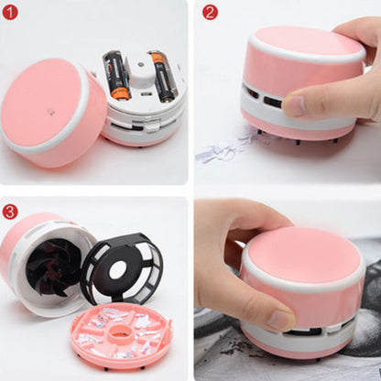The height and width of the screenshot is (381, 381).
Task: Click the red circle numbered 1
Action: [10, 13]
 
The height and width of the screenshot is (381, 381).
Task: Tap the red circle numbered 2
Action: [211, 13]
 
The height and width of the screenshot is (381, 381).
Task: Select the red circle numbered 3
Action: [10, 212]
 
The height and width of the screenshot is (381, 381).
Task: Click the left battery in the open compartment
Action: [117, 76]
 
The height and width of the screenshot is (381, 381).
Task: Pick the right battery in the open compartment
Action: [163, 76]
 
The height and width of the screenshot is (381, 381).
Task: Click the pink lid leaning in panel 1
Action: [52, 113]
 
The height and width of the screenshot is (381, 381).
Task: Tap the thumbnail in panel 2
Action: [295, 105]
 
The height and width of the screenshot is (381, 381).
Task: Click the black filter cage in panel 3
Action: [122, 268]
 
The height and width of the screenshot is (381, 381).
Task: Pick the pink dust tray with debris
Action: [122, 336]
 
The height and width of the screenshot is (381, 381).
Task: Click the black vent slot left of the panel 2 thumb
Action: [273, 102]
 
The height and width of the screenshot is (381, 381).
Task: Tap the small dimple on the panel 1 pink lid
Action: [49, 112]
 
